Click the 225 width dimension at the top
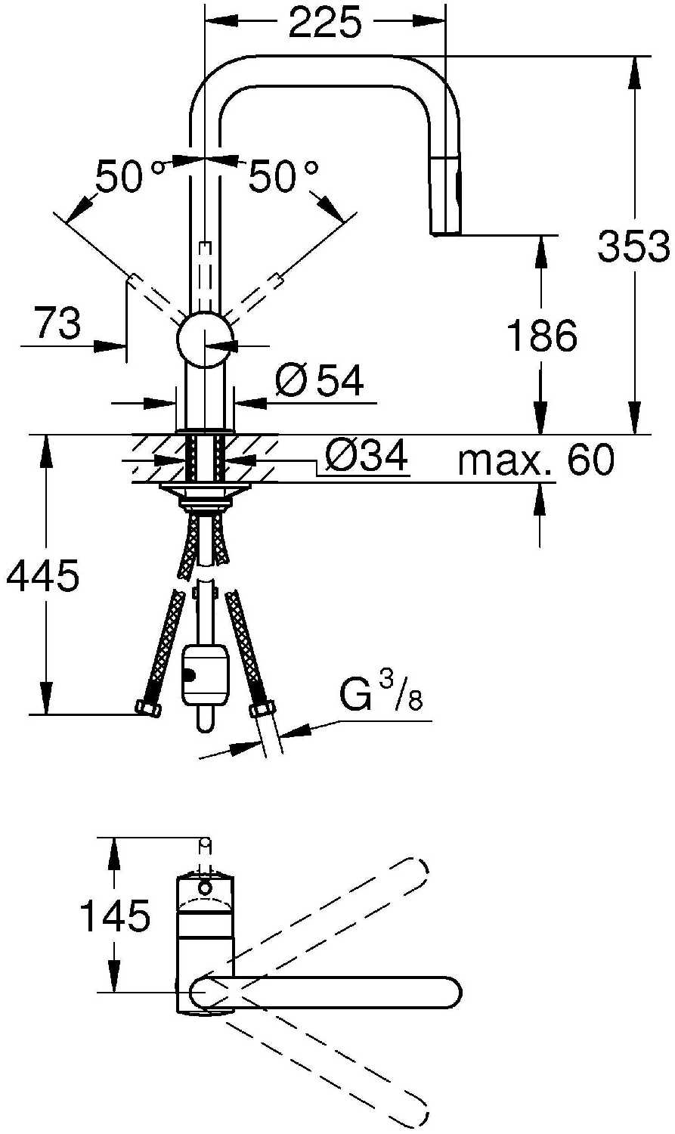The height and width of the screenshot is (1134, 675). (x=325, y=22)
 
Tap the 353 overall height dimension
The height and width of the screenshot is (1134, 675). (x=633, y=246)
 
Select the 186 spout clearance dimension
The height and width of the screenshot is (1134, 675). (x=541, y=336)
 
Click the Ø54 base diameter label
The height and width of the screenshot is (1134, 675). (x=319, y=380)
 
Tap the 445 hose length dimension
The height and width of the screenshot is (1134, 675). (x=43, y=575)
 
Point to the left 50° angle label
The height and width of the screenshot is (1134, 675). (x=131, y=175)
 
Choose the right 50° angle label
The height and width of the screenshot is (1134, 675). (x=284, y=175)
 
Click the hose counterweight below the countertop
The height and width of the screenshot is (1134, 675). (x=205, y=674)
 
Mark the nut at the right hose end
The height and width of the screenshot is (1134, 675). (x=262, y=707)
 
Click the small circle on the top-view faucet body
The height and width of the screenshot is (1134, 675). (x=204, y=888)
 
